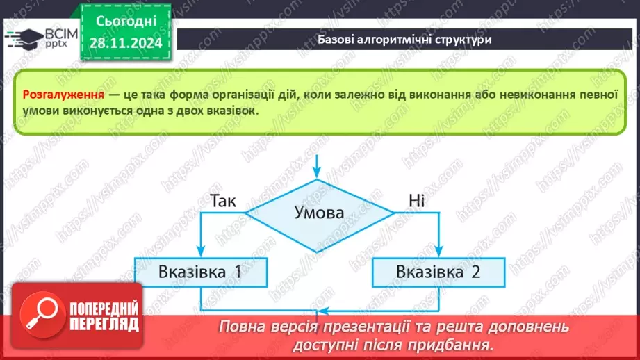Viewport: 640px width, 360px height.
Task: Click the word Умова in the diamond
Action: [x=319, y=213]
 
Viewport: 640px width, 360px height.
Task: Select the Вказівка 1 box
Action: [x=200, y=272]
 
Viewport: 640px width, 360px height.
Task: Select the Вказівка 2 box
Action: [x=438, y=272]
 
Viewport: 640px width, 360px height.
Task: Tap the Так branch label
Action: [x=222, y=202]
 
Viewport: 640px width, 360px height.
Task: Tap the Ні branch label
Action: [x=416, y=202]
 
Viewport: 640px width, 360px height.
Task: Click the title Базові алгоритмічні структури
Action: [x=405, y=40]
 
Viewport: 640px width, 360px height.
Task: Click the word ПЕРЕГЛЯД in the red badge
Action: [x=105, y=324]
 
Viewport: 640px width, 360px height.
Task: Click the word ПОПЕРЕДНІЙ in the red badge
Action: [x=105, y=309]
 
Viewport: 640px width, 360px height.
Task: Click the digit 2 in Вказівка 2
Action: [x=475, y=272]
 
